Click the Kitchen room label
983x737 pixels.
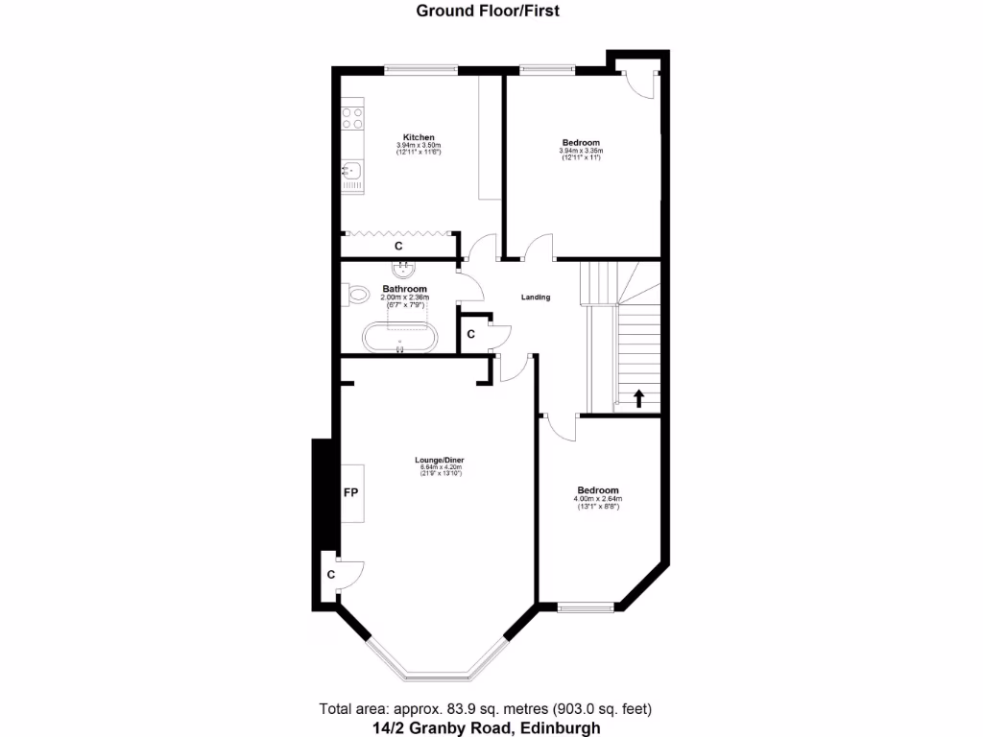(419, 137)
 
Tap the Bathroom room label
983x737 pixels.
(404, 289)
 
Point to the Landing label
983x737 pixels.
(536, 297)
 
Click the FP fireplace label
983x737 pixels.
(351, 493)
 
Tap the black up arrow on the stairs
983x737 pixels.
(638, 397)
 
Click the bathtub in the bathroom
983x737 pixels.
(399, 337)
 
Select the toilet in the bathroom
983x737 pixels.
(357, 294)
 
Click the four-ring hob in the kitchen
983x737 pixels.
(352, 118)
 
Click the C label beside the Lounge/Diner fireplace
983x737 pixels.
(330, 575)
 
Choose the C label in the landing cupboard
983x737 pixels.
(470, 334)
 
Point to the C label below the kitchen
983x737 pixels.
(398, 247)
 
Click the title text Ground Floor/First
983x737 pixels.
(488, 12)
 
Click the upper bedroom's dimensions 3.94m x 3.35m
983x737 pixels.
(581, 151)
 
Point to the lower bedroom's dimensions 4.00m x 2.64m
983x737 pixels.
(598, 499)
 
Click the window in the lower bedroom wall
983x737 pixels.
(586, 606)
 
